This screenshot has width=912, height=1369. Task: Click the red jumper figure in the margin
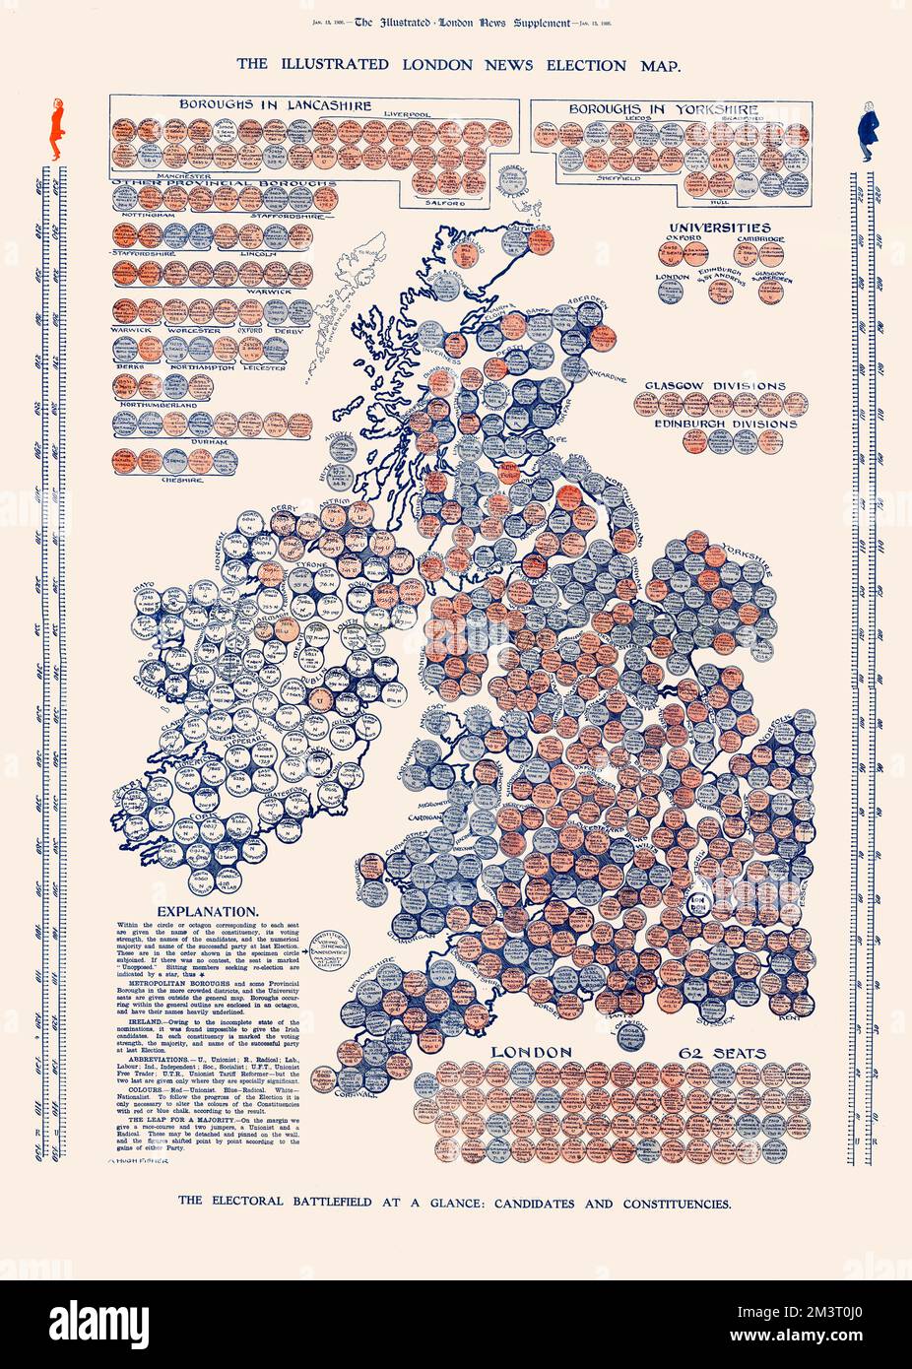point(56,129)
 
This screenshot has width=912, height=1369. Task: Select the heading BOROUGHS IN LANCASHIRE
point(261,103)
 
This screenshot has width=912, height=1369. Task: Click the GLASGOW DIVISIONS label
point(715,385)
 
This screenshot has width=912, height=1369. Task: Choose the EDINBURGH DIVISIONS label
point(725,424)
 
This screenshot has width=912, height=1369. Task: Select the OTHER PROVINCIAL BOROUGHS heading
point(225,184)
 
